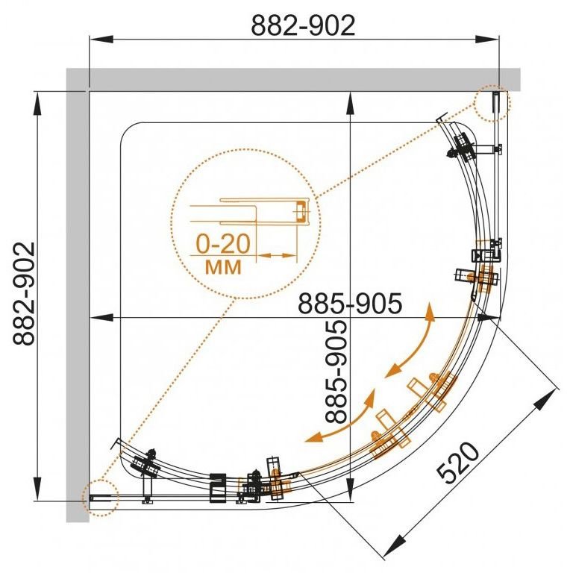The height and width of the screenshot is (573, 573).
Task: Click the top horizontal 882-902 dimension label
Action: tap(303, 25)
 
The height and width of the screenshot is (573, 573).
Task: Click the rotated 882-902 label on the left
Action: tap(24, 294)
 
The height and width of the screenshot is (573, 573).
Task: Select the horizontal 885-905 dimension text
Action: tap(350, 304)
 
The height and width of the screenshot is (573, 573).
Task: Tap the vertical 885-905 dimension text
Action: tap(336, 372)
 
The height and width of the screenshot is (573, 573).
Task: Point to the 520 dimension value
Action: tap(458, 463)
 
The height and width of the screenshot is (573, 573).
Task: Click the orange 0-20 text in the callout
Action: tap(223, 244)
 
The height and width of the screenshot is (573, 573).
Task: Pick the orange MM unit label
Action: tap(223, 267)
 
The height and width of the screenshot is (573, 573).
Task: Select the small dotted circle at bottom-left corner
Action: tap(101, 498)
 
